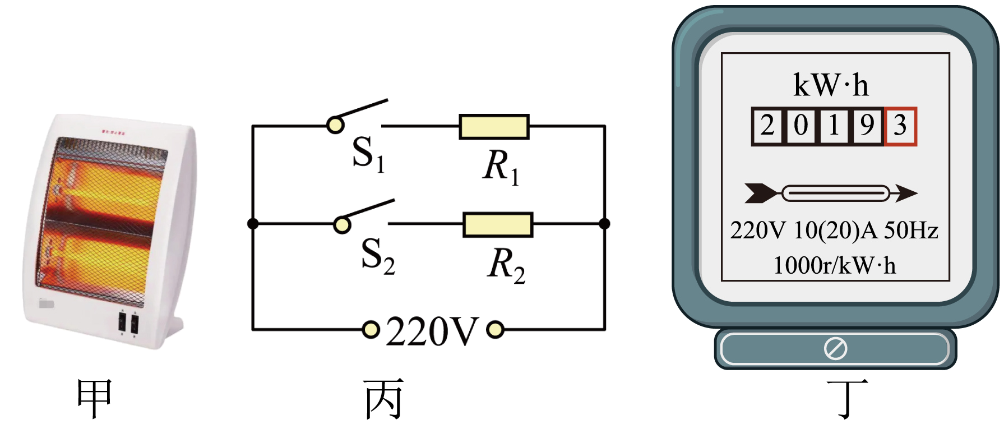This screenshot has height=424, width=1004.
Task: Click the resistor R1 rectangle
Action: click(x=494, y=127)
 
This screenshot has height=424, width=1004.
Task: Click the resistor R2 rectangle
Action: click(x=498, y=224)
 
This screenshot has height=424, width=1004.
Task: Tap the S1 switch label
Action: click(x=369, y=154)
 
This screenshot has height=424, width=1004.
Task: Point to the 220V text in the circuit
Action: click(x=432, y=331)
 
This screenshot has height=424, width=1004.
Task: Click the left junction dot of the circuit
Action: click(x=253, y=224)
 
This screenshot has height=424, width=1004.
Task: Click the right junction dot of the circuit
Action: click(x=604, y=224)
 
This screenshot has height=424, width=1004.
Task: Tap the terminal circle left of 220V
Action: click(x=371, y=330)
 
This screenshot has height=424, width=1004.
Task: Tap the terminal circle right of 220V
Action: click(x=495, y=330)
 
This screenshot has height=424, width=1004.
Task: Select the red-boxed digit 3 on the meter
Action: click(x=900, y=126)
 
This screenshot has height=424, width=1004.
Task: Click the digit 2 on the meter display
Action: click(x=767, y=126)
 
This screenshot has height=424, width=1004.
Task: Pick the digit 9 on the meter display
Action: click(x=867, y=126)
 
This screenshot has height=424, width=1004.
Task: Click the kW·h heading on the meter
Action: click(x=831, y=85)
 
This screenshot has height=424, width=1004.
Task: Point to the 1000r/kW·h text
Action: click(x=835, y=265)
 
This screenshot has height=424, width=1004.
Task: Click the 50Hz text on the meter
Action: click(x=911, y=231)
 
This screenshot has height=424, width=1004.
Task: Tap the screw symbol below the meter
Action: click(x=835, y=349)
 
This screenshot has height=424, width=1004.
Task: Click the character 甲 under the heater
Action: click(x=95, y=398)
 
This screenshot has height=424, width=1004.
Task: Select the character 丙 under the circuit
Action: click(x=384, y=398)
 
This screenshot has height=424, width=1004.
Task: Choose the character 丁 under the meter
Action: click(x=848, y=398)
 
